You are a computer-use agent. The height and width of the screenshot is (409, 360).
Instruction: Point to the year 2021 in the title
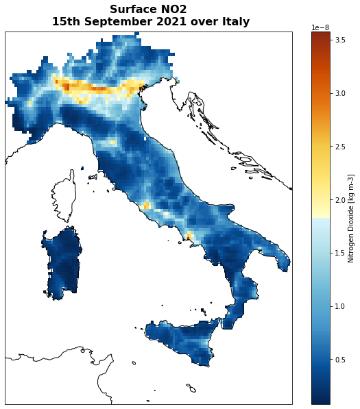coord(166,22)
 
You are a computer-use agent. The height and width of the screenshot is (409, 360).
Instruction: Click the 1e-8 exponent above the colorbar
coord(321,27)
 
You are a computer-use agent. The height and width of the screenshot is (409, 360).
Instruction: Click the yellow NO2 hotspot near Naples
coord(190,237)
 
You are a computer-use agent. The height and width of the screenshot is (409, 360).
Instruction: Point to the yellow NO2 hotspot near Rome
coord(145,206)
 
